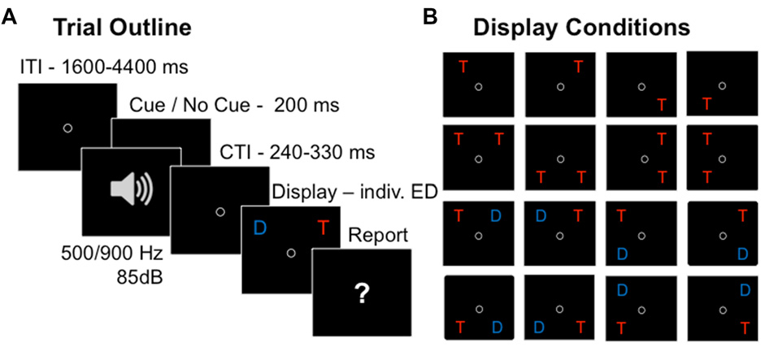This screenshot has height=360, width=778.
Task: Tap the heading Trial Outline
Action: [123, 27]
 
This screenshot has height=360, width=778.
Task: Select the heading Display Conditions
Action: [582, 27]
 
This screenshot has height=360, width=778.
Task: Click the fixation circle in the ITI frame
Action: [67, 128]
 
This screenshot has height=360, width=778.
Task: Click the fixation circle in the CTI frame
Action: [219, 212]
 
